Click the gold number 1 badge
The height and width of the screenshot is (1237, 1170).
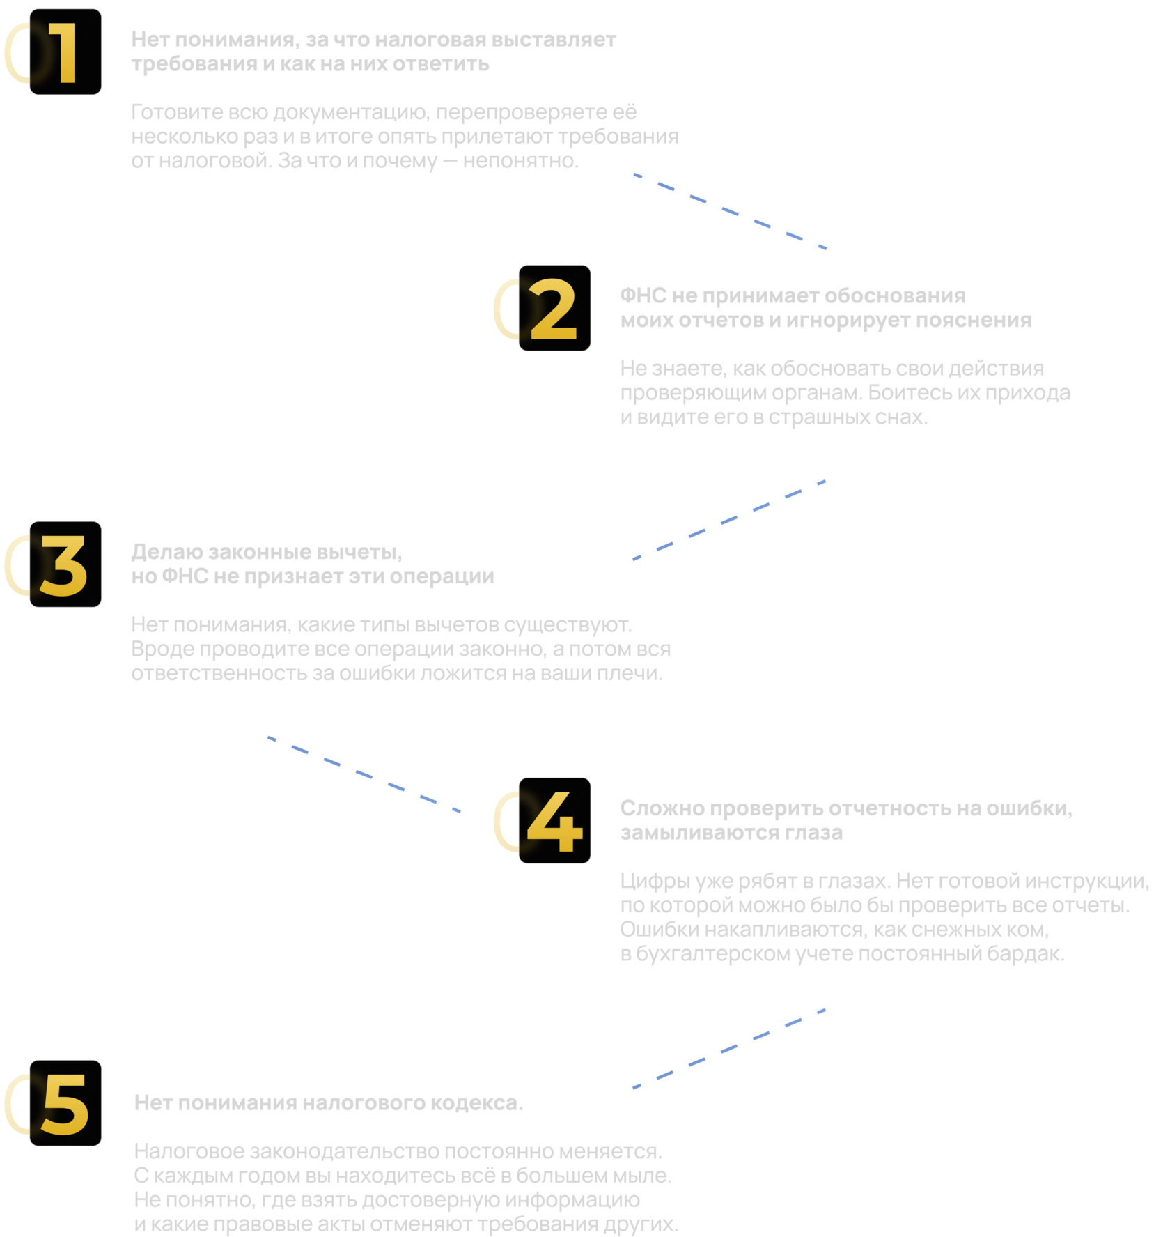pos(65,52)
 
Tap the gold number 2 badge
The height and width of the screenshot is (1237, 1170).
pos(554,308)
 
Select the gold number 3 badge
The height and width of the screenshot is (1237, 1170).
pos(65,564)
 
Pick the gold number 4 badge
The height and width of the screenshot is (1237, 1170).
pos(554,821)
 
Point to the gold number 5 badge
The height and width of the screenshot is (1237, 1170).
pos(65,1103)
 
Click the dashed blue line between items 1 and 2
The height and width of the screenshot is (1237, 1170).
pos(730,210)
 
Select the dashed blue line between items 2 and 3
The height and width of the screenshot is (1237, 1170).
pos(728,520)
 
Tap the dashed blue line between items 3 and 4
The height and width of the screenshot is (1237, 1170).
pos(364,774)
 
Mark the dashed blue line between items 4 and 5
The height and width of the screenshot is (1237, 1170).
pos(728,1048)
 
